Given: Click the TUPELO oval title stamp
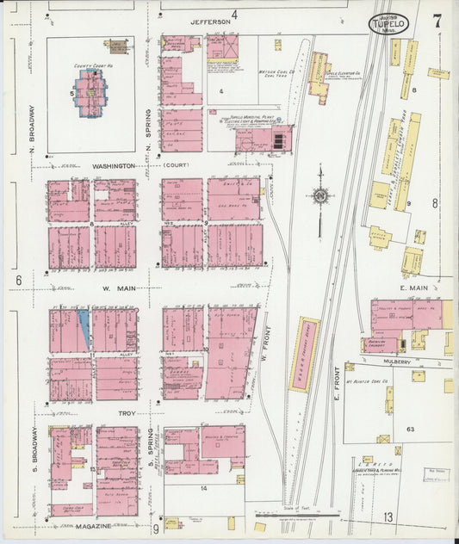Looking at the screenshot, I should pos(389,24).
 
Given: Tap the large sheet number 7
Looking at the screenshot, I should pos(437,22).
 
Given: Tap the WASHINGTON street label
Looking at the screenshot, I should pos(113,165).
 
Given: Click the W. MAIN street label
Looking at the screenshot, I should pos(115,289).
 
